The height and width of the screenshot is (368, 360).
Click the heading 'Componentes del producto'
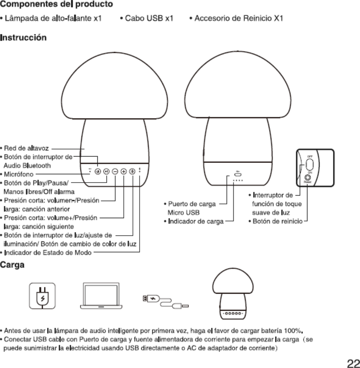click(57, 5)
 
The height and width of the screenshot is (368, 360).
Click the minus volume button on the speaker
click(115, 171)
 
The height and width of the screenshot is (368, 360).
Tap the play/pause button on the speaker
click(106, 171)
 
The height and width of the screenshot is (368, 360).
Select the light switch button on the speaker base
click(133, 171)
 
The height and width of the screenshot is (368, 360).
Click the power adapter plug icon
click(41, 296)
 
